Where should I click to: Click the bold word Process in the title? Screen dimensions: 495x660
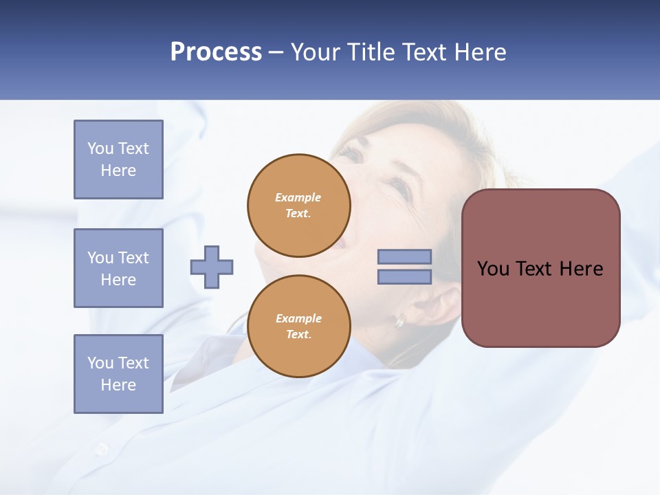click(x=216, y=52)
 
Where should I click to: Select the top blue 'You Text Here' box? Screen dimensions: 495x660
click(x=118, y=159)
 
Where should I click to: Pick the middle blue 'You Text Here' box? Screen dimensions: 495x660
click(x=118, y=268)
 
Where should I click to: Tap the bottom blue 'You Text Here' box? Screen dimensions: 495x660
click(x=118, y=374)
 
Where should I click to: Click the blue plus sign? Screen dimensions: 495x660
click(x=212, y=267)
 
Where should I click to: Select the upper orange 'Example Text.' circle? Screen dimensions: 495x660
click(x=299, y=206)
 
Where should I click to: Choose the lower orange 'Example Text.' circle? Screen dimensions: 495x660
click(x=299, y=327)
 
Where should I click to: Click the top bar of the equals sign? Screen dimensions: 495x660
click(x=404, y=257)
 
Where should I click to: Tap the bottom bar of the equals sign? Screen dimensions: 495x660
click(x=404, y=277)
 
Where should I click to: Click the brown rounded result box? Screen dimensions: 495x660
click(x=540, y=302)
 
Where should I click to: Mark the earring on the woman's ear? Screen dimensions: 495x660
click(x=399, y=320)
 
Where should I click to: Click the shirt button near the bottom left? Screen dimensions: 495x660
click(x=102, y=449)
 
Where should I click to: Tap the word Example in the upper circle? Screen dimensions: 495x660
click(x=298, y=197)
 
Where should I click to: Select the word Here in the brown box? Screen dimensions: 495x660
click(x=581, y=269)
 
